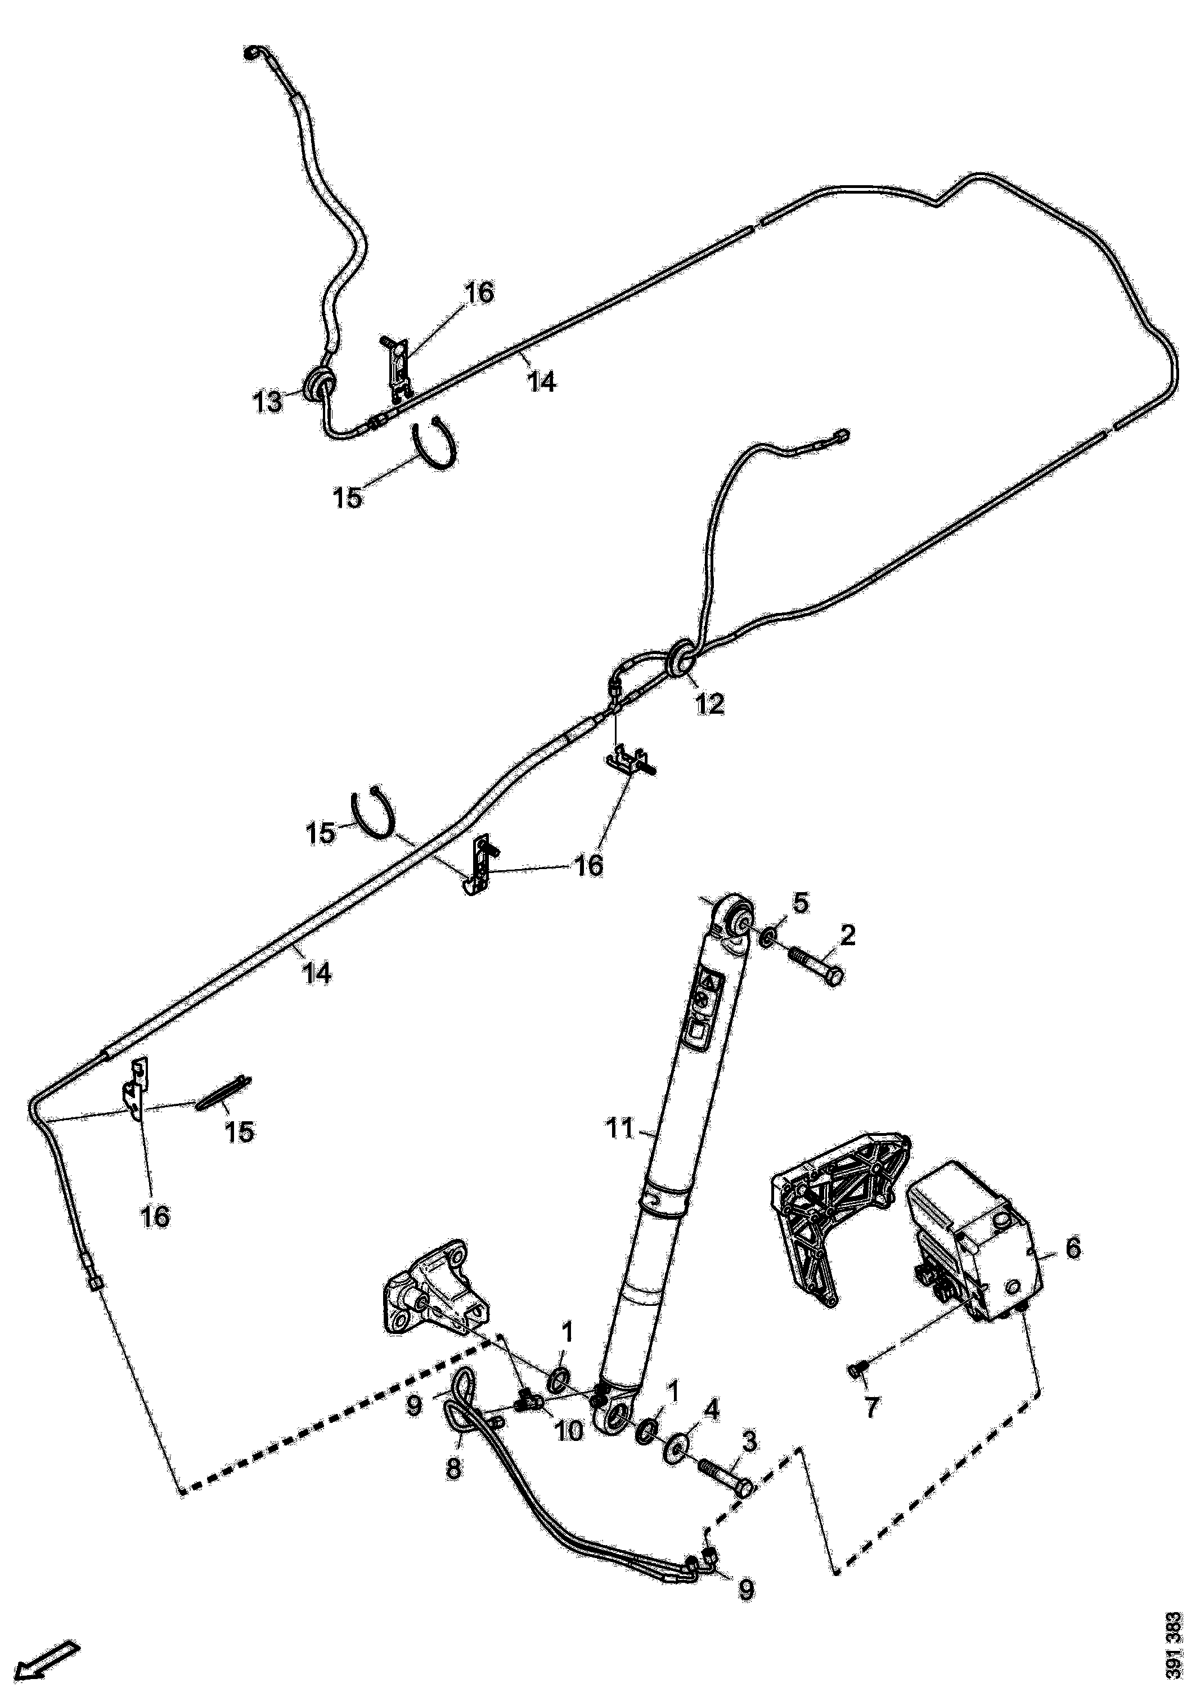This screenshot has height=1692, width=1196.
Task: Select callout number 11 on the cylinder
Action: (x=620, y=1149)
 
